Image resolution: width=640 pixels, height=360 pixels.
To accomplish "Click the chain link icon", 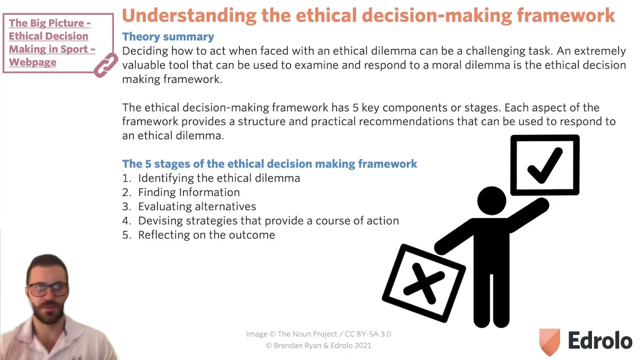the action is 105,65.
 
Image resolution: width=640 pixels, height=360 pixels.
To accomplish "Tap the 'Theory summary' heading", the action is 168,36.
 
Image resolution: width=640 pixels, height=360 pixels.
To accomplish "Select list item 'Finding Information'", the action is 189,192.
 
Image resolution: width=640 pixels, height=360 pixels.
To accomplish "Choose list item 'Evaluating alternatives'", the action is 197,206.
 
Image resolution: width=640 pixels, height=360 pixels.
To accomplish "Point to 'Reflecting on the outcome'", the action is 206,235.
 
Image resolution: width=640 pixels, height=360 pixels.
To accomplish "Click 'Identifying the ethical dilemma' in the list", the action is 219,178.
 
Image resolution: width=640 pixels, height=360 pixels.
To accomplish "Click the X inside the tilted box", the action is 423,283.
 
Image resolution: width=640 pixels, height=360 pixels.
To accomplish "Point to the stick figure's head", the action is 491,200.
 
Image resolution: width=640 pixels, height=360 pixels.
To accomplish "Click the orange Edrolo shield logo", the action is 549,341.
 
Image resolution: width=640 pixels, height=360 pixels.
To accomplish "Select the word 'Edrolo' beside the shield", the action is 600,340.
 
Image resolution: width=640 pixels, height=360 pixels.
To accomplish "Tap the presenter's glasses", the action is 48,289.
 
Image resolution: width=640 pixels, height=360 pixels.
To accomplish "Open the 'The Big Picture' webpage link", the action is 52,42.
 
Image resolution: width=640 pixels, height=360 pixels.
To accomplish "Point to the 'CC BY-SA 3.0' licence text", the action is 367,334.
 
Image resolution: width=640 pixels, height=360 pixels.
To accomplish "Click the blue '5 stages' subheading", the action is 269,163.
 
